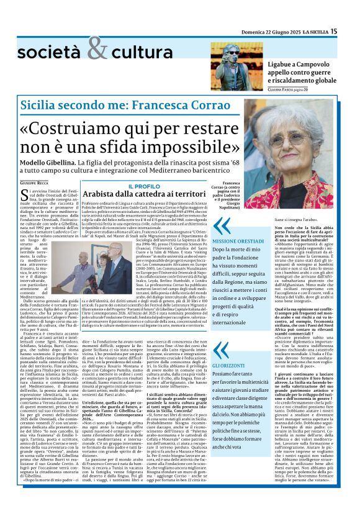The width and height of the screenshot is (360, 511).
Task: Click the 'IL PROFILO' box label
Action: point(143,186)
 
